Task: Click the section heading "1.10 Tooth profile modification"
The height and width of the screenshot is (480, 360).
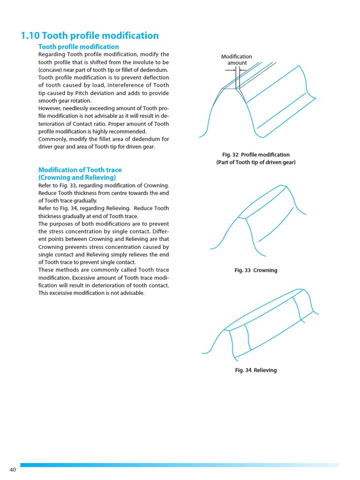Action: pos(90,36)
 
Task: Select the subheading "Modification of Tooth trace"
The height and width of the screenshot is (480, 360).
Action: pos(80,170)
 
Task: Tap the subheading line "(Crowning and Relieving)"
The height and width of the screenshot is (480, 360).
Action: pos(77,178)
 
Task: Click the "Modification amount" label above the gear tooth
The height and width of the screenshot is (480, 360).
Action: pos(237,60)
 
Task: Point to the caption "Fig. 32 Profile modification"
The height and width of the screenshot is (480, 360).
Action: pos(256,155)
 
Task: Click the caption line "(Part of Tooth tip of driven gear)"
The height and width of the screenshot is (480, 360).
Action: pos(256,163)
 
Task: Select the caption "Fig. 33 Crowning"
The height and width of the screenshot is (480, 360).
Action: pos(256,270)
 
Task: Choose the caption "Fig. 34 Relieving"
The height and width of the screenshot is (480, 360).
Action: pos(256,370)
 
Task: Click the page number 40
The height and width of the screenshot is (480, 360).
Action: pos(13,470)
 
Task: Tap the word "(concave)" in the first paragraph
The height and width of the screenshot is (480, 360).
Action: pos(50,70)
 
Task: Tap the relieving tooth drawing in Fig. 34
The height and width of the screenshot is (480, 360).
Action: pos(261,323)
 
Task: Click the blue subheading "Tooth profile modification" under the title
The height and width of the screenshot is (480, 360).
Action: pos(78,47)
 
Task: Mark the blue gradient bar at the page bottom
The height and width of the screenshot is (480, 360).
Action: pos(180,465)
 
